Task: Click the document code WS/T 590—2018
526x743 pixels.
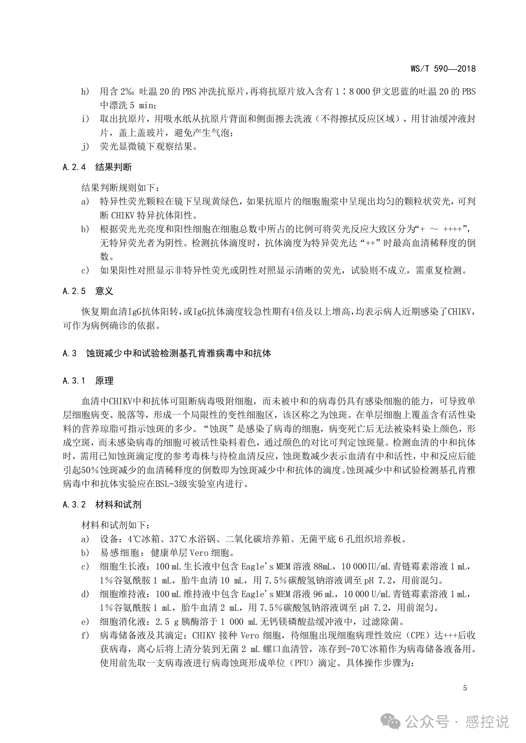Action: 443,69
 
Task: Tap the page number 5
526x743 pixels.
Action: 465,688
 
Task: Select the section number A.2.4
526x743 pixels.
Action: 74,167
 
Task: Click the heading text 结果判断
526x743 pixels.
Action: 113,167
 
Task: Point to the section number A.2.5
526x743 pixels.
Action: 74,291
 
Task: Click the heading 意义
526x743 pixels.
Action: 104,291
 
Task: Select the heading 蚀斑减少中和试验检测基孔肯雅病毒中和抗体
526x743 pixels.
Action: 178,353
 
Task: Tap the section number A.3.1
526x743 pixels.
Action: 74,381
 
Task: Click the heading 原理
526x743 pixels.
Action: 104,381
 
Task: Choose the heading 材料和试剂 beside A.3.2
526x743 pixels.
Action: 118,504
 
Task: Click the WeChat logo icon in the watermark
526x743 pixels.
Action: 390,721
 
